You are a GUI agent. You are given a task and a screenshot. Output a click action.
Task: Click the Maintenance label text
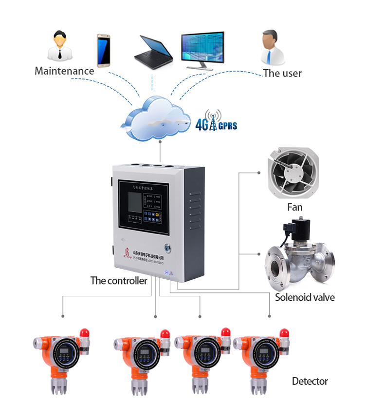click(x=64, y=71)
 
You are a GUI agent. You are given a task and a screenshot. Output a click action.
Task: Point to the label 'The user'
click(x=282, y=74)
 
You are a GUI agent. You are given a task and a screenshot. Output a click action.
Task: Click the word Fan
click(x=294, y=207)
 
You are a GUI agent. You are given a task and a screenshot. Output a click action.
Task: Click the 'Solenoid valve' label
click(x=305, y=297)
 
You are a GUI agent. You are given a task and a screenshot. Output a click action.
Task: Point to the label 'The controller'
click(x=119, y=281)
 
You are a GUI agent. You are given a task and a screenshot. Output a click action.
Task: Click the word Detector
click(x=310, y=381)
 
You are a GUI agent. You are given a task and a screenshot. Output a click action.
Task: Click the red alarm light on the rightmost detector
click(x=284, y=333)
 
